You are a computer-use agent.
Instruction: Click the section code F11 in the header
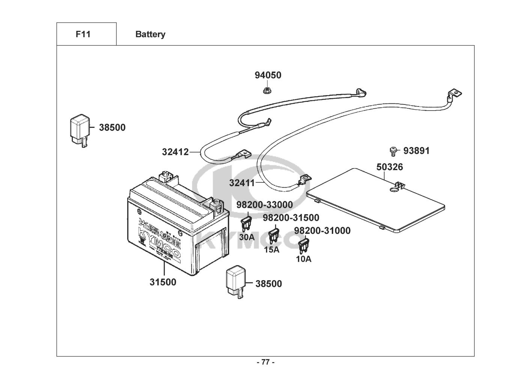[83, 34]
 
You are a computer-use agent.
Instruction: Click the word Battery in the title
[150, 34]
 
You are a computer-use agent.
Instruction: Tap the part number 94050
[268, 75]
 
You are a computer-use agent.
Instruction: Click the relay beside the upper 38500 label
[80, 129]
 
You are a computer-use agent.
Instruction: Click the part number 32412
[175, 152]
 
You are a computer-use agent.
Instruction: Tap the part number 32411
[242, 183]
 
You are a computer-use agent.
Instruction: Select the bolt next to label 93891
[393, 151]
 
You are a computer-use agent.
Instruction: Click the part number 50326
[390, 167]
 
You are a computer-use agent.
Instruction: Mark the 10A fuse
[304, 245]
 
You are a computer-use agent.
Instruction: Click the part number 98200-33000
[265, 205]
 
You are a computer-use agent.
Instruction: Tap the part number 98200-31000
[322, 230]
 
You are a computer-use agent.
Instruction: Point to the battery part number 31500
[163, 282]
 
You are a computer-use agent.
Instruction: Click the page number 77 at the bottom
[265, 362]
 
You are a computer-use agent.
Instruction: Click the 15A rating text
[272, 249]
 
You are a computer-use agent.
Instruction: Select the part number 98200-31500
[291, 218]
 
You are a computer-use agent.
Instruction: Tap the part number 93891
[417, 151]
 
